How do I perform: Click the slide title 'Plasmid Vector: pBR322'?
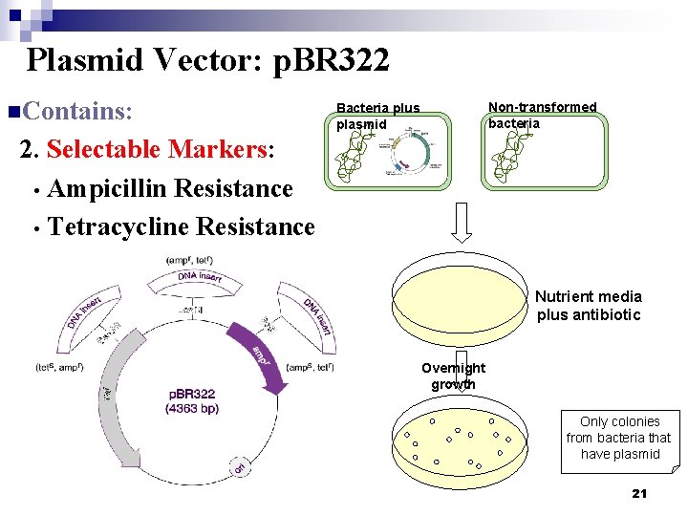207,60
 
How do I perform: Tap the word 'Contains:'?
75,111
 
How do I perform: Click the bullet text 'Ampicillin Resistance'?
169,188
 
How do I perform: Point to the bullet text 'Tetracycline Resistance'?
181,226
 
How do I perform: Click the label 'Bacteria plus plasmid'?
377,116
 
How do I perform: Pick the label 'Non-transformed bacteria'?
542,115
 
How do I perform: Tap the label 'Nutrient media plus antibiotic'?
588,306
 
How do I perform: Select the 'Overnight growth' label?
453,376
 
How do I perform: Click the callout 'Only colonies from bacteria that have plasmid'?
619,438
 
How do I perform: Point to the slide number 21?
639,493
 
